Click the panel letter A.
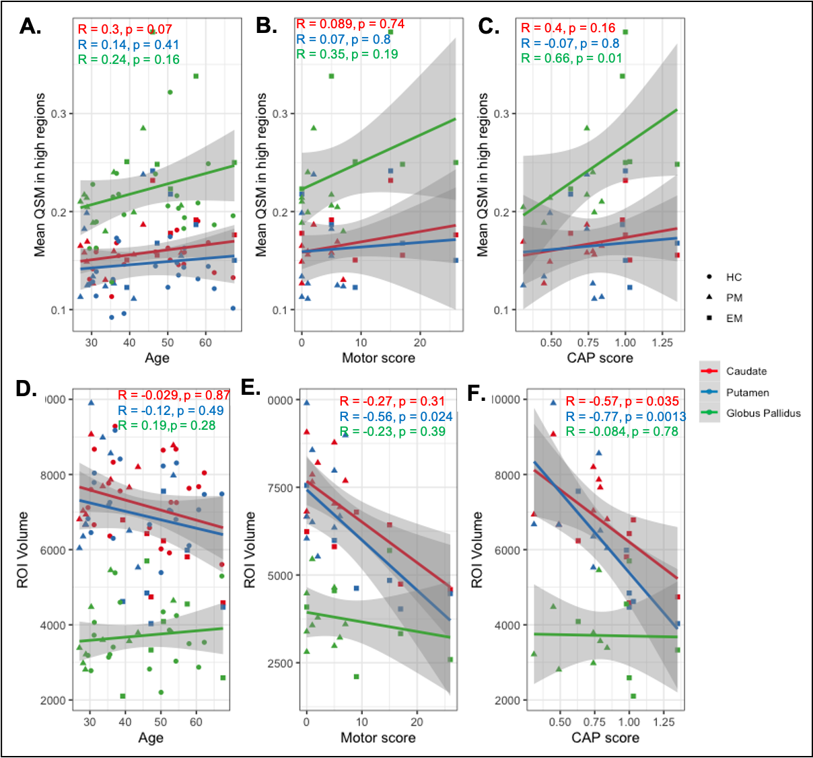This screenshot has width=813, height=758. (x=30, y=26)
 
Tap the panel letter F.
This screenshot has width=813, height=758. (x=476, y=394)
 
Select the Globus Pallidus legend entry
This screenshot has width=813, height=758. (x=763, y=414)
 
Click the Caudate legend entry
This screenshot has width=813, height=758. (x=746, y=371)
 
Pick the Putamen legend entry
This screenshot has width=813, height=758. (x=747, y=393)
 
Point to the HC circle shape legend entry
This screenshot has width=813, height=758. (x=734, y=277)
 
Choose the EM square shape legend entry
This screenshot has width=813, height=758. (x=734, y=318)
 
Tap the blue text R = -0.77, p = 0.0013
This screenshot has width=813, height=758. (x=626, y=417)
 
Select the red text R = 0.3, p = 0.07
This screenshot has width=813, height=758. (x=125, y=30)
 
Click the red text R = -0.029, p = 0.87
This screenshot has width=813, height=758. (x=174, y=395)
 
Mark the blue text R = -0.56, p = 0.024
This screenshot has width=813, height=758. (x=396, y=417)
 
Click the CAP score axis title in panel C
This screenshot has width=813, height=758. (x=600, y=358)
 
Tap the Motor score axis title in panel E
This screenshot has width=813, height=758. (x=378, y=738)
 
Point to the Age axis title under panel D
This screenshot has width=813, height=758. (x=151, y=738)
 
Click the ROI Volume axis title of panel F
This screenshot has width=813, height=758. (x=477, y=550)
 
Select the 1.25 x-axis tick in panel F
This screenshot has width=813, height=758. (x=664, y=722)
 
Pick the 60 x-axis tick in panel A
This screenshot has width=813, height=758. (x=205, y=342)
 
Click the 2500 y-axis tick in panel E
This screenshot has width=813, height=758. (x=280, y=663)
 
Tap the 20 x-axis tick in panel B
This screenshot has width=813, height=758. (x=420, y=342)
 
